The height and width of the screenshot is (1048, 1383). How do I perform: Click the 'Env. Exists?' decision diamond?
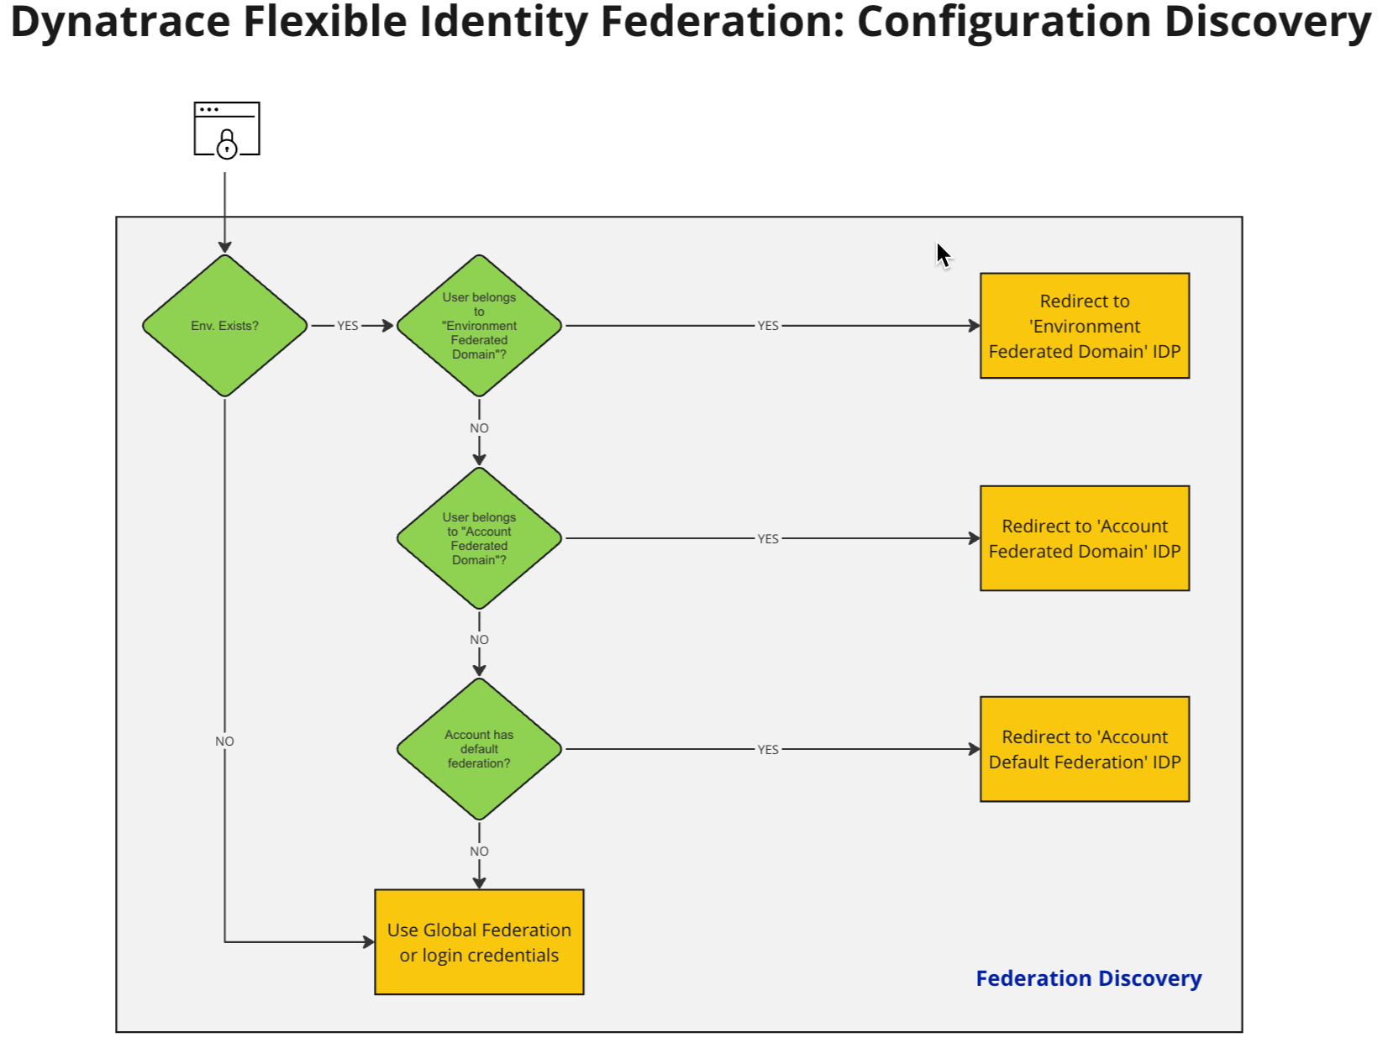pyautogui.click(x=224, y=326)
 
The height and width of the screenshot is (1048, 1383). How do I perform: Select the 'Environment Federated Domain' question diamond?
pyautogui.click(x=479, y=326)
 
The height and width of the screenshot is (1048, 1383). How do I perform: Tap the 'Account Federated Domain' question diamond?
pyautogui.click(x=479, y=538)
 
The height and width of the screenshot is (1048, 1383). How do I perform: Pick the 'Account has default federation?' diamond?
pyautogui.click(x=479, y=749)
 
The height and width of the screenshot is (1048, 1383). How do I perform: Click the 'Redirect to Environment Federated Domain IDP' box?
pyautogui.click(x=1084, y=326)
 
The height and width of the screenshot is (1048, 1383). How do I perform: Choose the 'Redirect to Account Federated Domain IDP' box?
pyautogui.click(x=1084, y=538)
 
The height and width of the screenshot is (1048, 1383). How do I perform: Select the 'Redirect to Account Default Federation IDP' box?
pyautogui.click(x=1084, y=749)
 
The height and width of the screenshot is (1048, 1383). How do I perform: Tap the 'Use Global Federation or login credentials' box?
pyautogui.click(x=479, y=942)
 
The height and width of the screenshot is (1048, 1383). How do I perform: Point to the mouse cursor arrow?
pyautogui.click(x=943, y=254)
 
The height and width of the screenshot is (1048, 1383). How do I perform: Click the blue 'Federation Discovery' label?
pyautogui.click(x=1088, y=978)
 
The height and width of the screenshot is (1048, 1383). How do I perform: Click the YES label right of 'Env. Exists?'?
pyautogui.click(x=348, y=326)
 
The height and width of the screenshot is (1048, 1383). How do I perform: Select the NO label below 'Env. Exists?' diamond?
pyautogui.click(x=224, y=741)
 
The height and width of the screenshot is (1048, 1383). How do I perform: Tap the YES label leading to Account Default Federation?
pyautogui.click(x=768, y=750)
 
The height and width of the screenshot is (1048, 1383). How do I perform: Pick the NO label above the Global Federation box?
pyautogui.click(x=479, y=851)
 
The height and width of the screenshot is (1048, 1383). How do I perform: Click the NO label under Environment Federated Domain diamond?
pyautogui.click(x=479, y=428)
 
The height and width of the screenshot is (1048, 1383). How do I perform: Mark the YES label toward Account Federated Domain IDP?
pyautogui.click(x=768, y=539)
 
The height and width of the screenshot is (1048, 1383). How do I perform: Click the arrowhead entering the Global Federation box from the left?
pyautogui.click(x=369, y=942)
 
